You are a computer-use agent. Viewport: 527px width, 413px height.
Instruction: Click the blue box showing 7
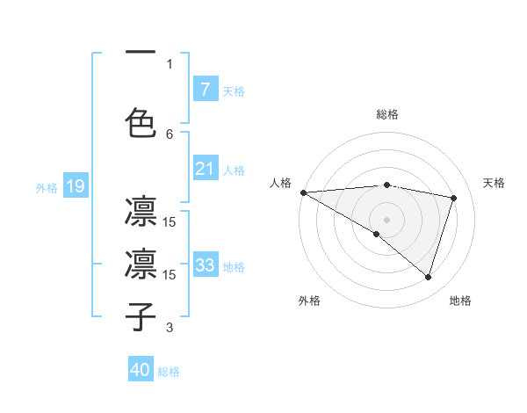[205, 90]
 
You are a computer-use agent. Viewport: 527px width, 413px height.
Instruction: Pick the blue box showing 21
[205, 169]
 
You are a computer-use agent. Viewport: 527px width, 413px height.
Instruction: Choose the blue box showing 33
[205, 265]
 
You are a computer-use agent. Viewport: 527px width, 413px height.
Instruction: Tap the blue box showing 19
[75, 185]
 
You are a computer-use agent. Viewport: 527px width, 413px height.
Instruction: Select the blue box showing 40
[141, 370]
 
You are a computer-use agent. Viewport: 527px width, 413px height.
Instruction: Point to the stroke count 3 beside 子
[170, 328]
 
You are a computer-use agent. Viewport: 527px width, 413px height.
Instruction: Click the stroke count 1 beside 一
[170, 63]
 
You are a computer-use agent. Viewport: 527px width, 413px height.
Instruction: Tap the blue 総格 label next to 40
[169, 372]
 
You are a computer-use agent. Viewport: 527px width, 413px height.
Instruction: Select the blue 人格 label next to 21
[233, 170]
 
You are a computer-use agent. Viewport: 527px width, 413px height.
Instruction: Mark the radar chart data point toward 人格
[303, 192]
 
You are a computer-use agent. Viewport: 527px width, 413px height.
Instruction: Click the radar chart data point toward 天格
[454, 198]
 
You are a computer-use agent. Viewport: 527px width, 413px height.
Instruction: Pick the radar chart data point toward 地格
[428, 278]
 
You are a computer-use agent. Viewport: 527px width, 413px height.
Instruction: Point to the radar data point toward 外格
[377, 234]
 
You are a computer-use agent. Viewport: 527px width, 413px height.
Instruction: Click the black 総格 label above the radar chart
[386, 114]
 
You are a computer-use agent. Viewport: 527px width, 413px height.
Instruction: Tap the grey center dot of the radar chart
[386, 219]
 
